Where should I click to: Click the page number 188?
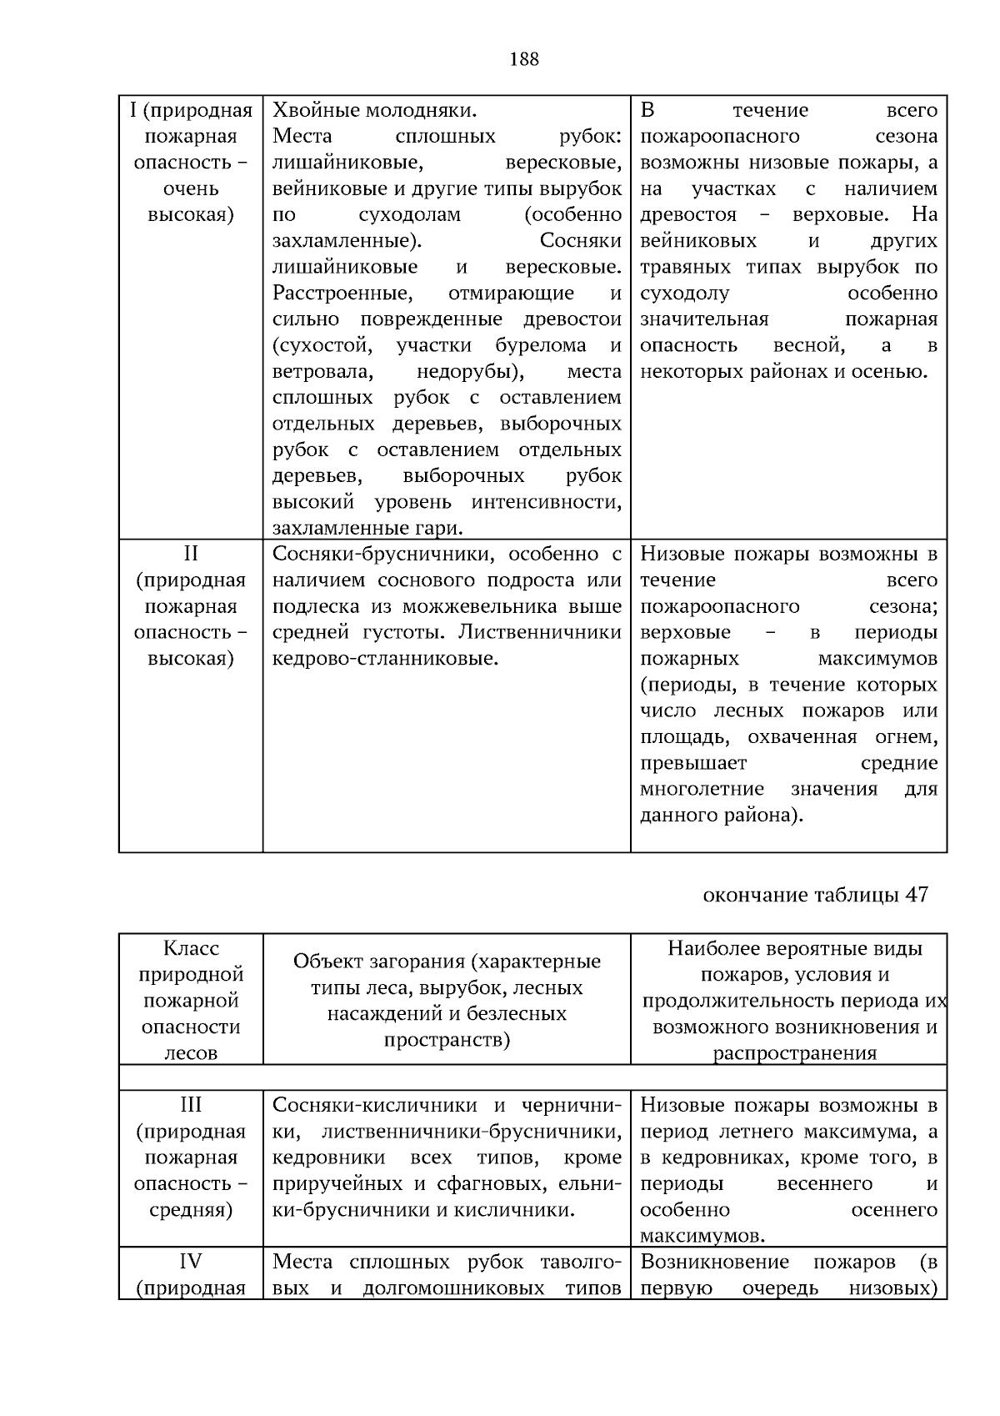pos(523,59)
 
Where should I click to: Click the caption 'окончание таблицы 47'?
pos(815,895)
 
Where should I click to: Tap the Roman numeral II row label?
pos(191,555)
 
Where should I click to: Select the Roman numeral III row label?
pos(191,1105)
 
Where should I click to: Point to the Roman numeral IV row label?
pos(191,1262)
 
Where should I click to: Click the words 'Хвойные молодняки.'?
pos(375,111)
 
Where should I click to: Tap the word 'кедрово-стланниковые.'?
pos(385,659)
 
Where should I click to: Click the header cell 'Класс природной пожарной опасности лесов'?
pos(191,1000)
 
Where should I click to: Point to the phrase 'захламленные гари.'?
pos(367,528)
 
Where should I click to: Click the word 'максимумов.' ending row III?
pos(703,1236)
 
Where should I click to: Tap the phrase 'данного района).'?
pos(722,816)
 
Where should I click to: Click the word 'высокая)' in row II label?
pos(191,659)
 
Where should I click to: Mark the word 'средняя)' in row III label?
pos(191,1210)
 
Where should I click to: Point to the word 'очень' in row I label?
pos(191,188)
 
